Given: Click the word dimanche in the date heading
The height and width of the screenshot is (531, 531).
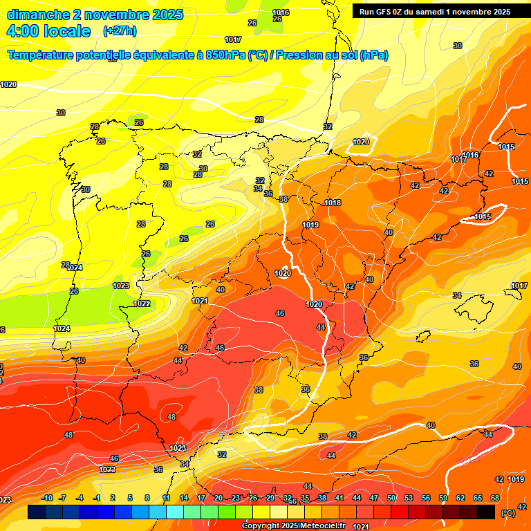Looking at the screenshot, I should (x=39, y=15).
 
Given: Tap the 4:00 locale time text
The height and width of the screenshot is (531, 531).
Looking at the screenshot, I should (x=48, y=31).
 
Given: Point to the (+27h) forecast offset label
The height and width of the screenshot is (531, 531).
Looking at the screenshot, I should (x=120, y=31).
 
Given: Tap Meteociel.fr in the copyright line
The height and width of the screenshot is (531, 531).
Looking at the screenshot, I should (x=319, y=526).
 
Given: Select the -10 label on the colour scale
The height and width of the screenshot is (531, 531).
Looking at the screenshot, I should (x=48, y=498).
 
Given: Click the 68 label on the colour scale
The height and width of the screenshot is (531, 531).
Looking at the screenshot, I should (x=495, y=498).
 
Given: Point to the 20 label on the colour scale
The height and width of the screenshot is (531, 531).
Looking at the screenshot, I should (x=218, y=498).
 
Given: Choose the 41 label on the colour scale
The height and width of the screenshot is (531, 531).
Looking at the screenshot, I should (x=339, y=498).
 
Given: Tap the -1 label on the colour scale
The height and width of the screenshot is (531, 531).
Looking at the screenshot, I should (x=97, y=498).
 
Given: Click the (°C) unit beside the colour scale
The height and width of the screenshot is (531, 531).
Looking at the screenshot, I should (x=508, y=512).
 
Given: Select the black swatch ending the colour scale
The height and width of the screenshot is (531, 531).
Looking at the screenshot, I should (x=486, y=512).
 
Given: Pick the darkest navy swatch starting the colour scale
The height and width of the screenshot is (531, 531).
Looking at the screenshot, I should (x=37, y=512).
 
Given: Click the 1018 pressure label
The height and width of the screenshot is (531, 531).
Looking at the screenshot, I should (x=333, y=203).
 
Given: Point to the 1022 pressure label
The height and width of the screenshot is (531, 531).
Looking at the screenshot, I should (x=142, y=304).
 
